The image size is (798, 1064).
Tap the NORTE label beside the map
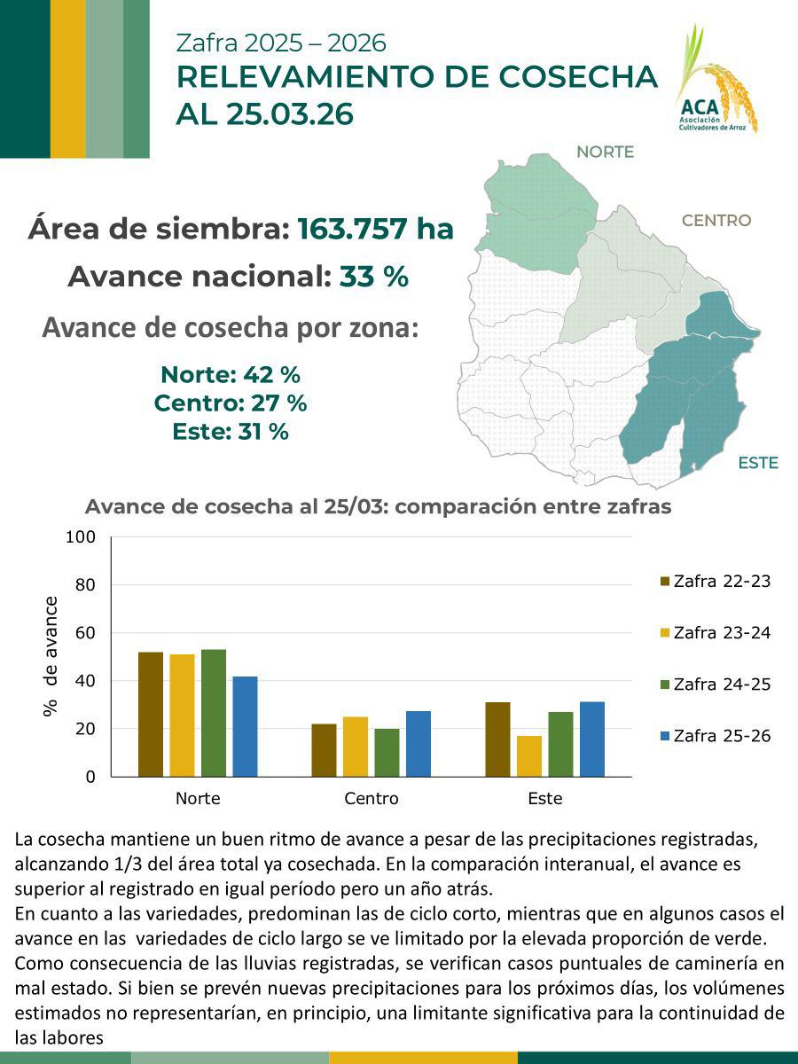(x=605, y=152)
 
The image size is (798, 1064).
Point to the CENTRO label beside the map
(x=716, y=220)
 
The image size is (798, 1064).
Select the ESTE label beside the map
(x=757, y=463)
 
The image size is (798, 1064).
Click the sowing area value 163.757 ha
(x=375, y=229)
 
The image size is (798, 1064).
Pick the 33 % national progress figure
(x=373, y=277)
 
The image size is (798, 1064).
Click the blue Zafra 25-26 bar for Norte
(x=245, y=726)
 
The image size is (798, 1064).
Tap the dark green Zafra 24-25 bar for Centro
(x=387, y=753)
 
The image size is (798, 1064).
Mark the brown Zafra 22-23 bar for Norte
(x=151, y=714)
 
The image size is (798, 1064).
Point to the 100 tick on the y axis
(x=81, y=537)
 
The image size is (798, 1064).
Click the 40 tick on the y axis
(x=85, y=681)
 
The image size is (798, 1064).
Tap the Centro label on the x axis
(x=372, y=798)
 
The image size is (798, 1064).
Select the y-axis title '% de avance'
(x=51, y=655)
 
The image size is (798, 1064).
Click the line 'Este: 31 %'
(x=231, y=432)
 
